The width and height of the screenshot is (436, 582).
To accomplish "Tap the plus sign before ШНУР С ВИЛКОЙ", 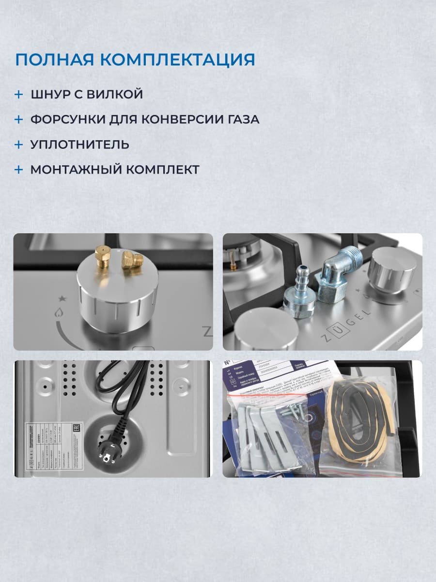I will [x=19, y=94].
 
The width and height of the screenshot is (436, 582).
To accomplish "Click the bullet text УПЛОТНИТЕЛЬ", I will [x=79, y=145].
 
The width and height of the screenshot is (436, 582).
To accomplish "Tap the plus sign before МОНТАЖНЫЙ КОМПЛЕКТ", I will [x=19, y=170].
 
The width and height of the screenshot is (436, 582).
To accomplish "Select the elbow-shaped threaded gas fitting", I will [x=334, y=276].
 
